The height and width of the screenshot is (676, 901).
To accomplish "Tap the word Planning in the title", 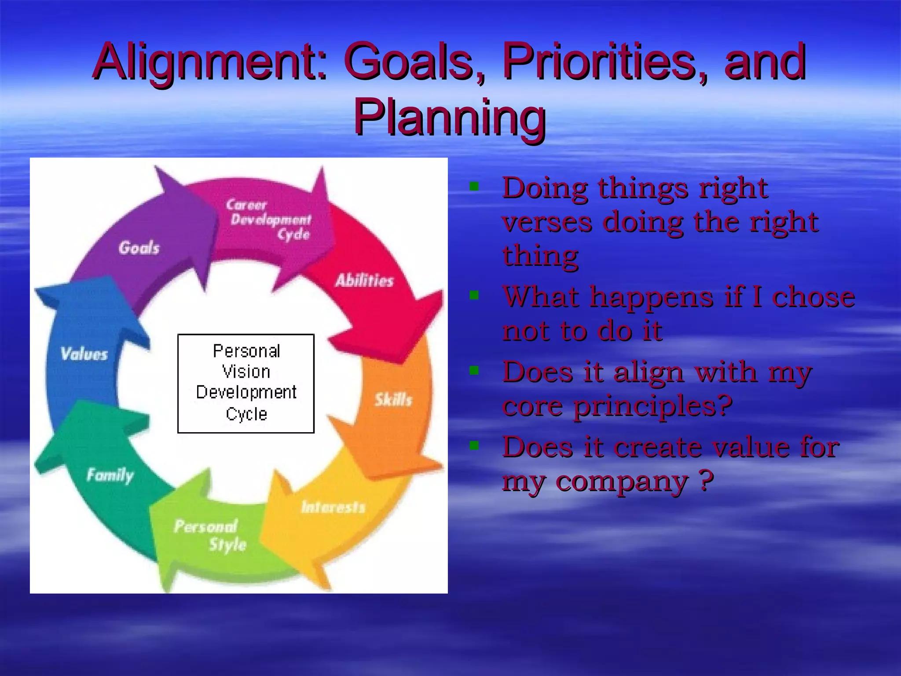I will point(450,117).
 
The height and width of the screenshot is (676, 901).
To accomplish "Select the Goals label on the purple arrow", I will point(139,248).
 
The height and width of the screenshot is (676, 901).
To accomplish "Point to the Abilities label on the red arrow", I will point(364,280).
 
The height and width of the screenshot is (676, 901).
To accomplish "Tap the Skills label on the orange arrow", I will point(393,400).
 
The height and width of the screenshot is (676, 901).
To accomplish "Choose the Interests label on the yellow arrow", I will point(333,507).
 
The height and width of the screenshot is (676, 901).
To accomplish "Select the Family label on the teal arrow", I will point(110,475).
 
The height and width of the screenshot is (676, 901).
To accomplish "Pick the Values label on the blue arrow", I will point(84,354).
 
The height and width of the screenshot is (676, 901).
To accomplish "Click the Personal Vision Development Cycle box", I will point(246,383).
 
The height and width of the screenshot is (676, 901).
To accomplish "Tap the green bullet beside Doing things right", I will point(474,187).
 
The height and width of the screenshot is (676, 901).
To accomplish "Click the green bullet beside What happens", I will point(474,295).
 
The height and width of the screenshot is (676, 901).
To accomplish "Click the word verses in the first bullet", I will point(547,223).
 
